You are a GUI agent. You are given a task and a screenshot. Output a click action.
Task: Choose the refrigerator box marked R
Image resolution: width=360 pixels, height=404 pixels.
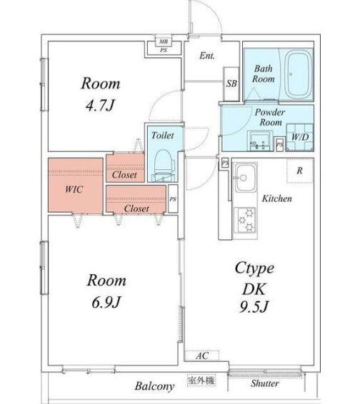299,171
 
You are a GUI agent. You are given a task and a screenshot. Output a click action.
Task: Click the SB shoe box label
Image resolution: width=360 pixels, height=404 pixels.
231,83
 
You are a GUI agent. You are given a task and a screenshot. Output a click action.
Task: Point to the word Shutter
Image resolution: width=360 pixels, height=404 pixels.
264,384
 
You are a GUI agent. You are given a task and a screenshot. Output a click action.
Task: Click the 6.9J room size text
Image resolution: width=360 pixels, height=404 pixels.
106,303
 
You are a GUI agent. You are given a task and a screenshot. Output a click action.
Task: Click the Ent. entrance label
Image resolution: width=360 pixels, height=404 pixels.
207,56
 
